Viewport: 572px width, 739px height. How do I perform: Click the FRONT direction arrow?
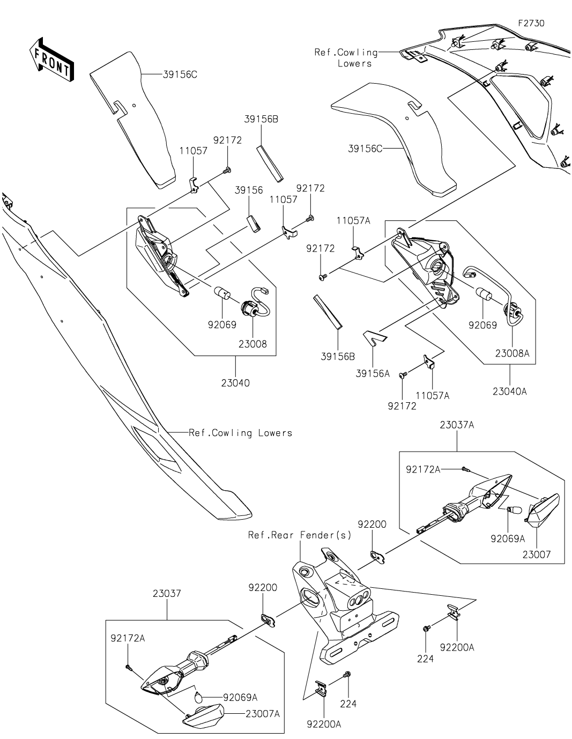51,60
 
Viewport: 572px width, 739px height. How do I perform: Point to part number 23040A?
509,391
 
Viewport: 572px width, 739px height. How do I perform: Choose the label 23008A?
512,353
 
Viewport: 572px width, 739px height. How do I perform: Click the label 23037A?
457,425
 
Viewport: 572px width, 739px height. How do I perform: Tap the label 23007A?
263,714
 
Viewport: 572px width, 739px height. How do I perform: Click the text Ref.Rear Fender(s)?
300,535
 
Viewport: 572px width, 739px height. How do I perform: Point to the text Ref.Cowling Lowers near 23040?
240,432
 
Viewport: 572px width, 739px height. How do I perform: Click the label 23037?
167,594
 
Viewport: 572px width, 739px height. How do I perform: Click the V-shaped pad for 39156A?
375,337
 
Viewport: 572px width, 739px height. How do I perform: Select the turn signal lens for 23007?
544,509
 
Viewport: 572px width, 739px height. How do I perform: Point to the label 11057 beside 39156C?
193,151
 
